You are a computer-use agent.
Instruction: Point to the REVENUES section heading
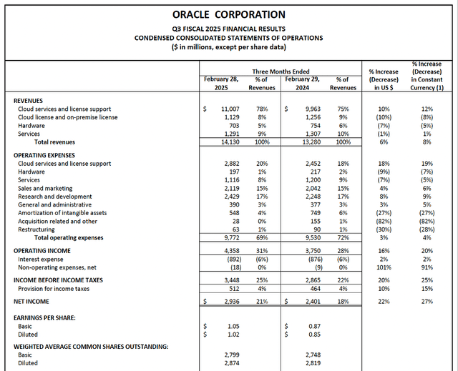[x=29, y=100]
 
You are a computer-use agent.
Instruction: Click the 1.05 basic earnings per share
[x=230, y=325]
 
